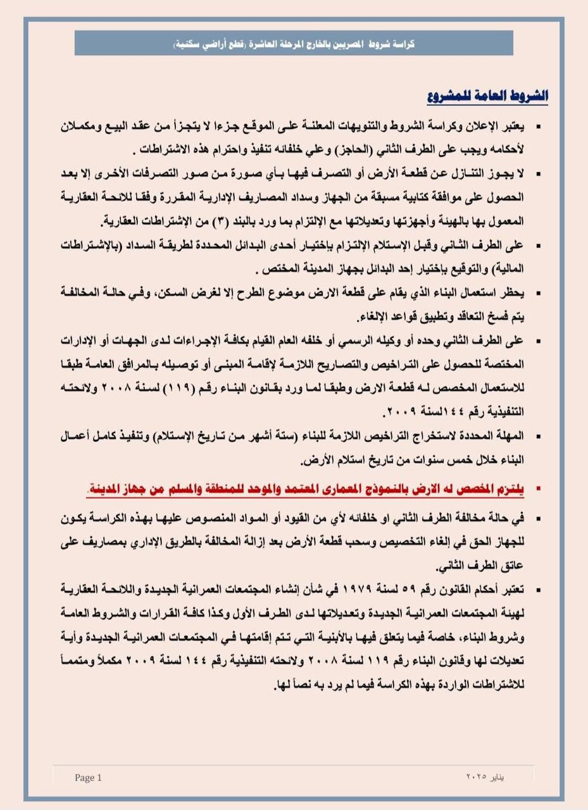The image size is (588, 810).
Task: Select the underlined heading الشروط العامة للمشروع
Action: point(487,97)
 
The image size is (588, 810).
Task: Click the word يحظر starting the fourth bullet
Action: point(514,293)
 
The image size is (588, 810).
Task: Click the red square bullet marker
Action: point(539,489)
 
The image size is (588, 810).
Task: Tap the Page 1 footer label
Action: point(88,778)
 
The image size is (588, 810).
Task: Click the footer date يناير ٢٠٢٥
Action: point(485,776)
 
